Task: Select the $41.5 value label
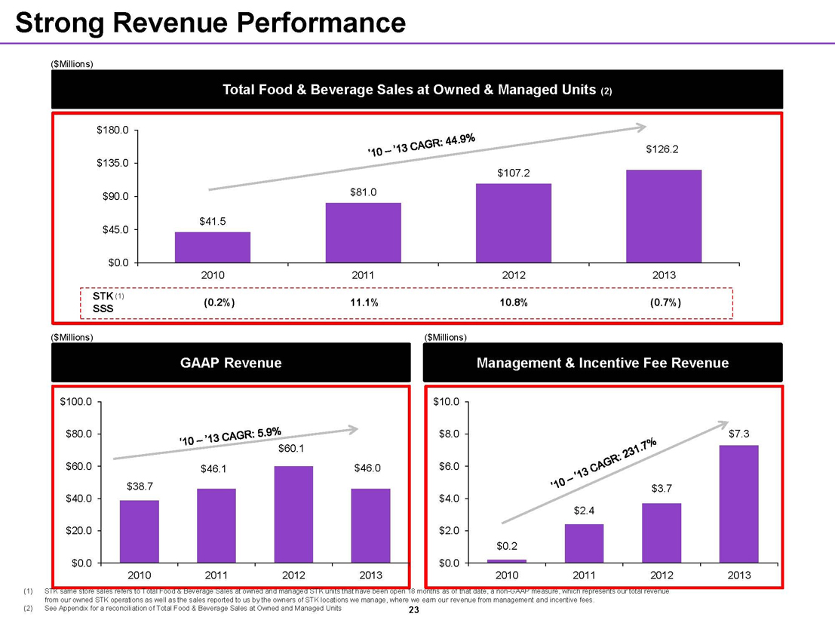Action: click(213, 221)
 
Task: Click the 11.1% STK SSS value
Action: click(364, 302)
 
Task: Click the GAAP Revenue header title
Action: click(231, 364)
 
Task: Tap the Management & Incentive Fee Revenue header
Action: click(603, 364)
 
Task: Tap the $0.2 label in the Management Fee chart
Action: click(506, 545)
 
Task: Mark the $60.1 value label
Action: click(291, 450)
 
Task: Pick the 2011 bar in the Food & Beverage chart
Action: click(363, 232)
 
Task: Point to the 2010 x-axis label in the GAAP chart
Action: click(140, 575)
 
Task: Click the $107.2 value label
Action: click(513, 173)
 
